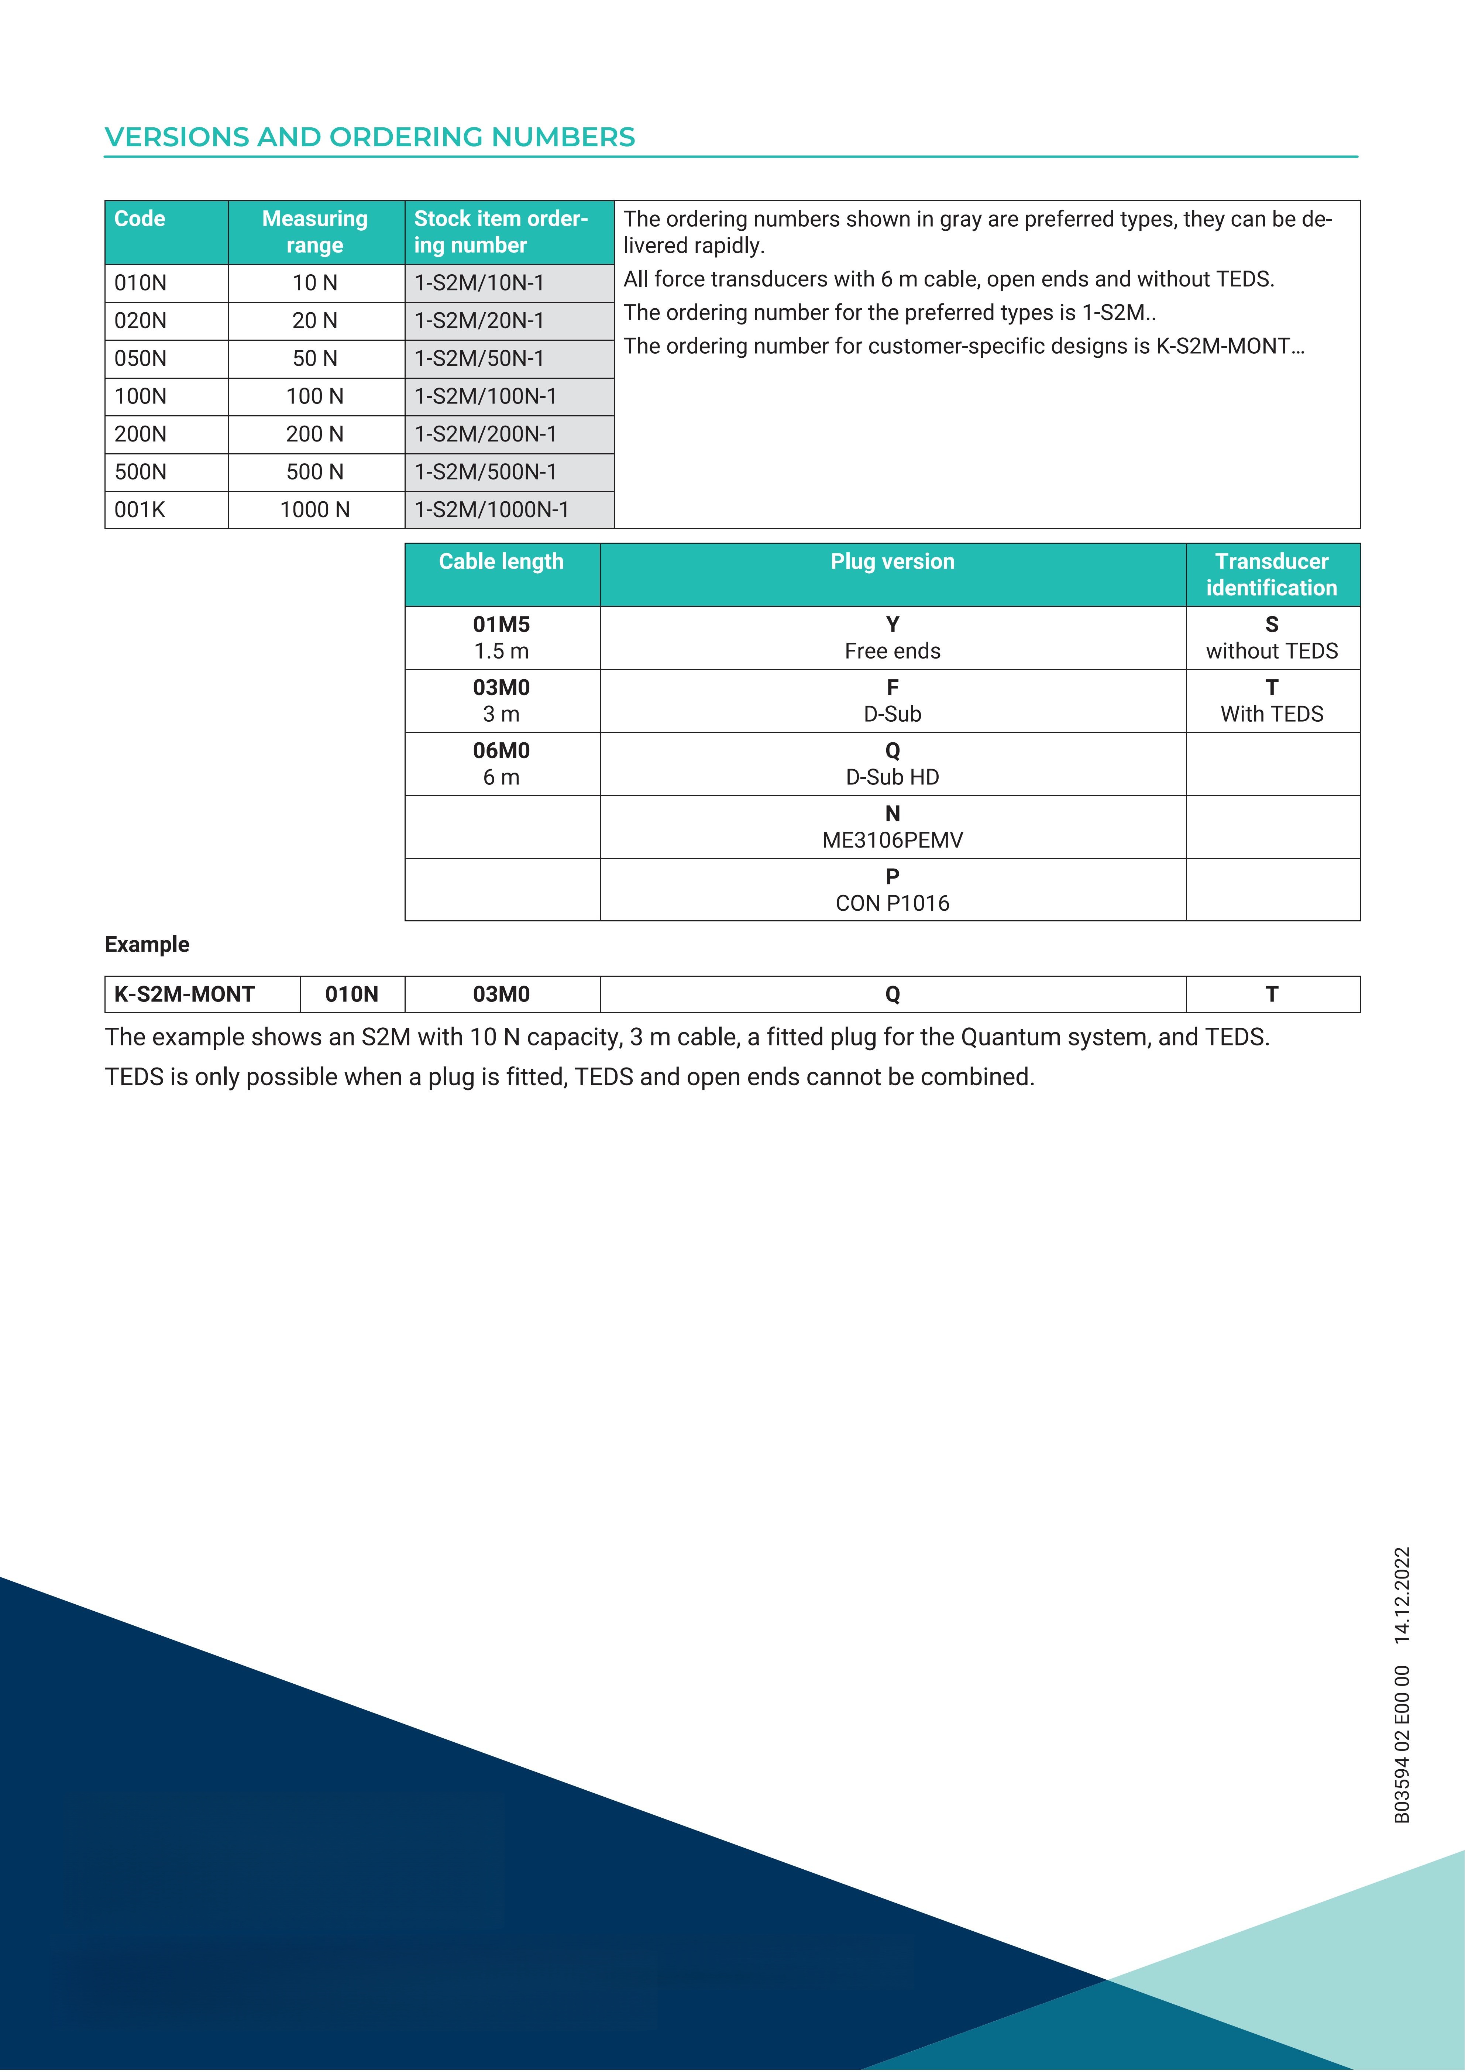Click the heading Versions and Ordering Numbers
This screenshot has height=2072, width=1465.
(x=370, y=137)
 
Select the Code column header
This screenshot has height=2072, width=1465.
(x=140, y=219)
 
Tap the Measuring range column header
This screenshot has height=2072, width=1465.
(x=315, y=232)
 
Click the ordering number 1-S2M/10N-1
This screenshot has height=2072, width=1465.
(x=479, y=284)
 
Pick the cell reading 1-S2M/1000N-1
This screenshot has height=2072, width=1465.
(x=492, y=510)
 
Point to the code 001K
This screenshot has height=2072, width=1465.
(x=140, y=510)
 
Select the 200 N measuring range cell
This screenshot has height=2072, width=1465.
(x=315, y=434)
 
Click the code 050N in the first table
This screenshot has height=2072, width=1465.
(x=140, y=358)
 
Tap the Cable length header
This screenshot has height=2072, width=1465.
(x=502, y=561)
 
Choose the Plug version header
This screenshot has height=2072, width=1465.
(x=892, y=561)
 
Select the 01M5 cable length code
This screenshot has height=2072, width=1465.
(x=502, y=625)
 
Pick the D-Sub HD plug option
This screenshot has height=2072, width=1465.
(x=892, y=777)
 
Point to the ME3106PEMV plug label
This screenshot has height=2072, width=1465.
(x=892, y=840)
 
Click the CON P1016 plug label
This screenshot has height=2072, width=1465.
(x=892, y=903)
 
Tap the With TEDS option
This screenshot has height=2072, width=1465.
(x=1272, y=714)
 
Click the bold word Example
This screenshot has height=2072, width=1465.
(x=147, y=945)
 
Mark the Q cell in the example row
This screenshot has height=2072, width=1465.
(x=892, y=994)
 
